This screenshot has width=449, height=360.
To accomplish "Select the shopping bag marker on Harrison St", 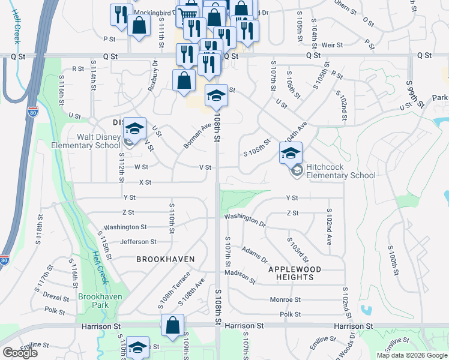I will tap(172, 325).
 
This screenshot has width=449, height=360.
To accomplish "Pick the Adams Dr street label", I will tap(255, 254).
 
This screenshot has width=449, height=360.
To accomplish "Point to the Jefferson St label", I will tap(138, 242).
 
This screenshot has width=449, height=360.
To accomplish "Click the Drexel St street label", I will tap(56, 296).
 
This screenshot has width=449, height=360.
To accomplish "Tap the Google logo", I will tap(20, 352).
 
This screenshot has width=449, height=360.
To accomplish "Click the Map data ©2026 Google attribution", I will tap(411, 355).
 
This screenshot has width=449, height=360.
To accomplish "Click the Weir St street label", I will tap(332, 45).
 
